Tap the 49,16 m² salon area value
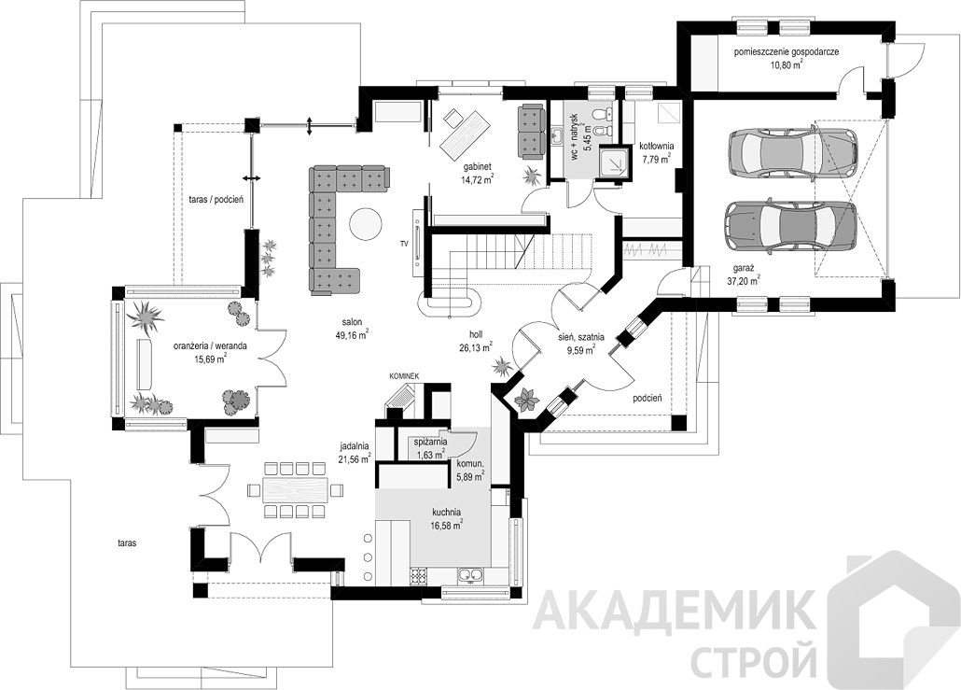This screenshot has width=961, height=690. pyautogui.click(x=352, y=335)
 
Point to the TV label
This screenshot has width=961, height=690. pyautogui.click(x=404, y=244)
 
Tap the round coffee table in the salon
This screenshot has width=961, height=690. pyautogui.click(x=367, y=224)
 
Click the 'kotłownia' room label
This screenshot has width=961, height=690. pyautogui.click(x=657, y=148)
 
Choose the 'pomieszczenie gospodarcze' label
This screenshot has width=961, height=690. pyautogui.click(x=787, y=52)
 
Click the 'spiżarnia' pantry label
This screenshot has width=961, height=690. pyautogui.click(x=431, y=443)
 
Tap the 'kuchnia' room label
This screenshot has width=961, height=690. pyautogui.click(x=446, y=513)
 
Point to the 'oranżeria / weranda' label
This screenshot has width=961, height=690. pyautogui.click(x=210, y=345)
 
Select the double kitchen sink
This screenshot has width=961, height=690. pyautogui.click(x=469, y=576)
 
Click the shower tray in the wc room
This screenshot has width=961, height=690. pyautogui.click(x=613, y=161)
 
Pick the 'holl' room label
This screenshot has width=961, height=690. pyautogui.click(x=476, y=335)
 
